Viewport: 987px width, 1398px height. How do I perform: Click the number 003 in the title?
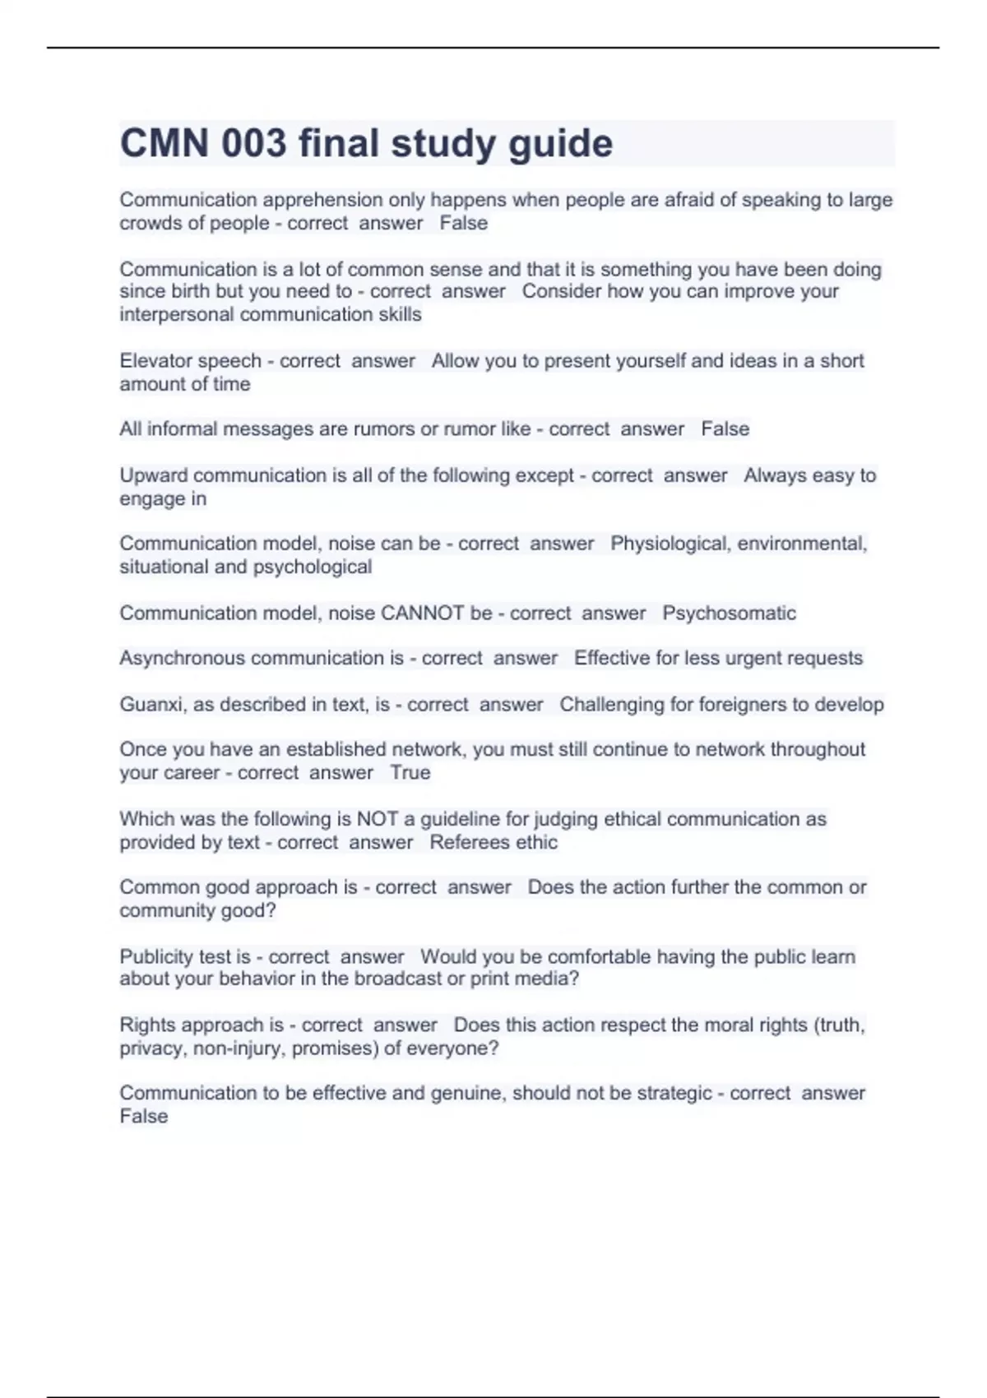coord(254,143)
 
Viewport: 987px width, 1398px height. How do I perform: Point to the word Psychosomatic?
coord(729,613)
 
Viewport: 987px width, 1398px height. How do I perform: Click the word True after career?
coord(410,773)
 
